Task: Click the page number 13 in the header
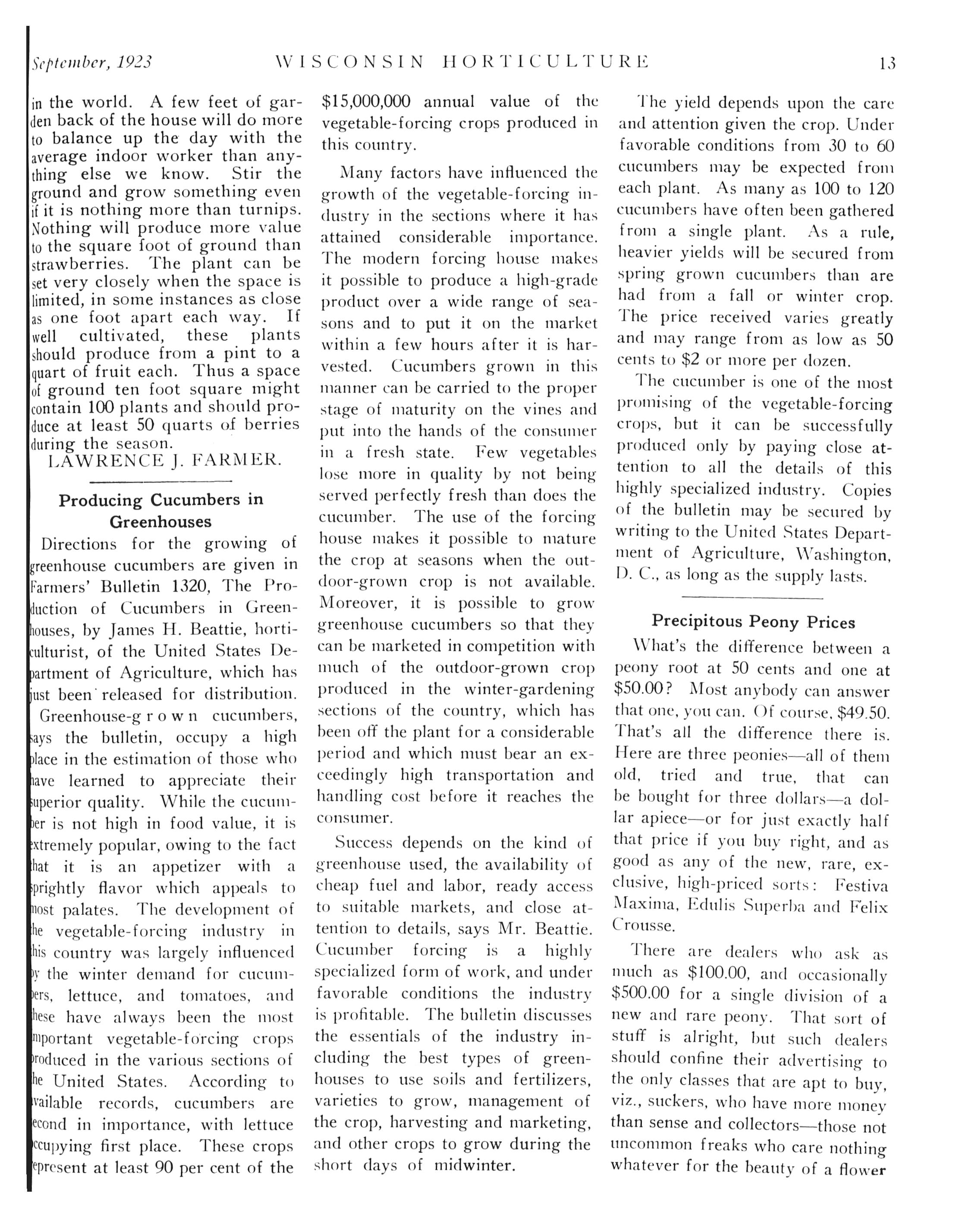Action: [887, 63]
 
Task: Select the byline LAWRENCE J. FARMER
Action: [164, 461]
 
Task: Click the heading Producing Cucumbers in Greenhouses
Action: [161, 511]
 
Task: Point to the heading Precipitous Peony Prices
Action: [753, 622]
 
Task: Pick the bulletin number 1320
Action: [191, 586]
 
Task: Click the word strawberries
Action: [79, 264]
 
